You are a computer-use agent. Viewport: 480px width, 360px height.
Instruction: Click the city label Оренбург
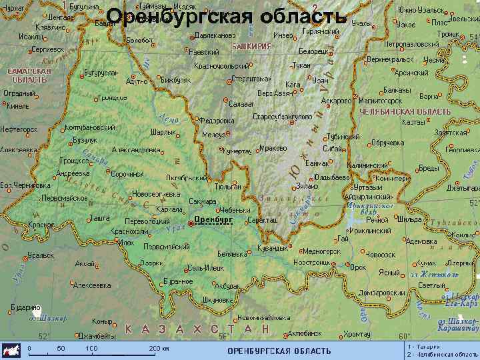(214, 219)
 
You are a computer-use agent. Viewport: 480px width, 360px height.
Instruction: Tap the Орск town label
(358, 267)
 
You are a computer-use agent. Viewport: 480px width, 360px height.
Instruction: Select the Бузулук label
(85, 140)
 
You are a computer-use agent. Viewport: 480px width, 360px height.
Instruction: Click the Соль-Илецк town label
(205, 267)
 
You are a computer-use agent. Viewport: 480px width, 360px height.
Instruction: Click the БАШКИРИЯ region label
(251, 47)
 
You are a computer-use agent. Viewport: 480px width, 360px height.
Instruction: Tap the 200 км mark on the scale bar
(159, 348)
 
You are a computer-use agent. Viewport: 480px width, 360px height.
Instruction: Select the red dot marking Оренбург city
(191, 223)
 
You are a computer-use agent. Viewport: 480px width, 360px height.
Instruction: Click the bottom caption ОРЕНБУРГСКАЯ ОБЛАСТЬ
(279, 351)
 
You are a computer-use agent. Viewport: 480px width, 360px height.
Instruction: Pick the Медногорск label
(321, 251)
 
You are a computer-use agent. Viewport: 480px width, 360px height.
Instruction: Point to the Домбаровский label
(382, 292)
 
